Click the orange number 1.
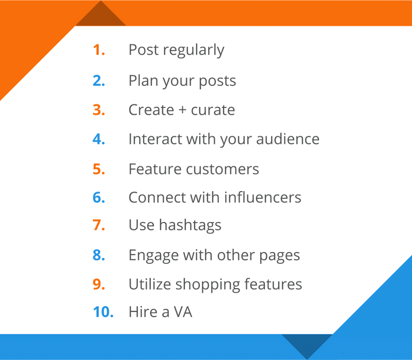99,50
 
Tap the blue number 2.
99,81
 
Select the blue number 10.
103,312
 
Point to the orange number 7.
99,225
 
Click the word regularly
194,51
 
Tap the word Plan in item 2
144,81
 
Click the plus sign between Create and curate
182,110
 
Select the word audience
288,138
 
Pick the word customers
223,169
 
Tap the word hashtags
190,226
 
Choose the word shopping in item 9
208,285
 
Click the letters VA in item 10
183,312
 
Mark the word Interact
155,138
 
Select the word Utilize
150,284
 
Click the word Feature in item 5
154,169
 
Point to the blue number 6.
99,197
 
